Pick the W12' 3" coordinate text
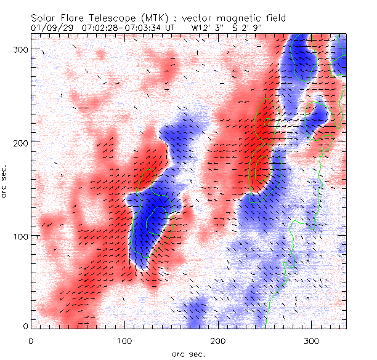click(207, 28)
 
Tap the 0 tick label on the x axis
click(30, 340)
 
